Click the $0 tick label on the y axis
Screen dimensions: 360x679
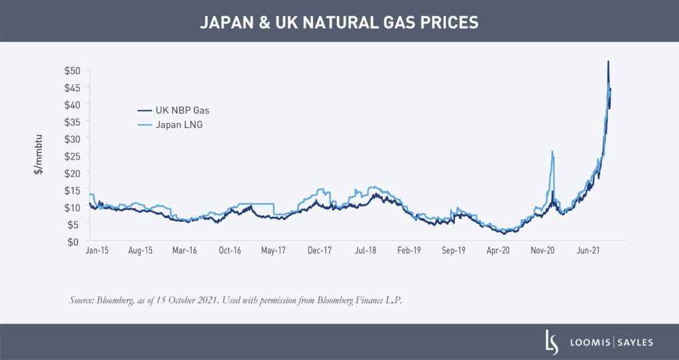tap(75, 241)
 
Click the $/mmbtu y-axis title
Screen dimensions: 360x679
tap(39, 156)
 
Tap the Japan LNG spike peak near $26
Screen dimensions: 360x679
tap(552, 152)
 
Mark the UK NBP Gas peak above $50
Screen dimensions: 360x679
tap(608, 62)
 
